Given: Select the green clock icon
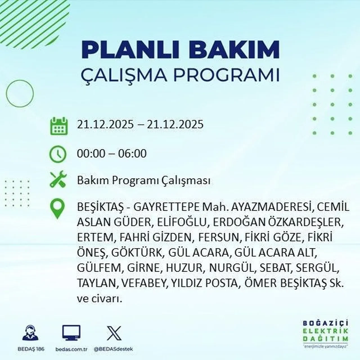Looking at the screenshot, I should point(58,154).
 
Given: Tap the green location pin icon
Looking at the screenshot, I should point(57,209).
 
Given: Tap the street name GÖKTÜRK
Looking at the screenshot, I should point(137,253).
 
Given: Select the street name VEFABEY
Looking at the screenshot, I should point(143,283).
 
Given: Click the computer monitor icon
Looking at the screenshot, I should point(71,333).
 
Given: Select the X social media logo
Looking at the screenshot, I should point(114,333).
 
